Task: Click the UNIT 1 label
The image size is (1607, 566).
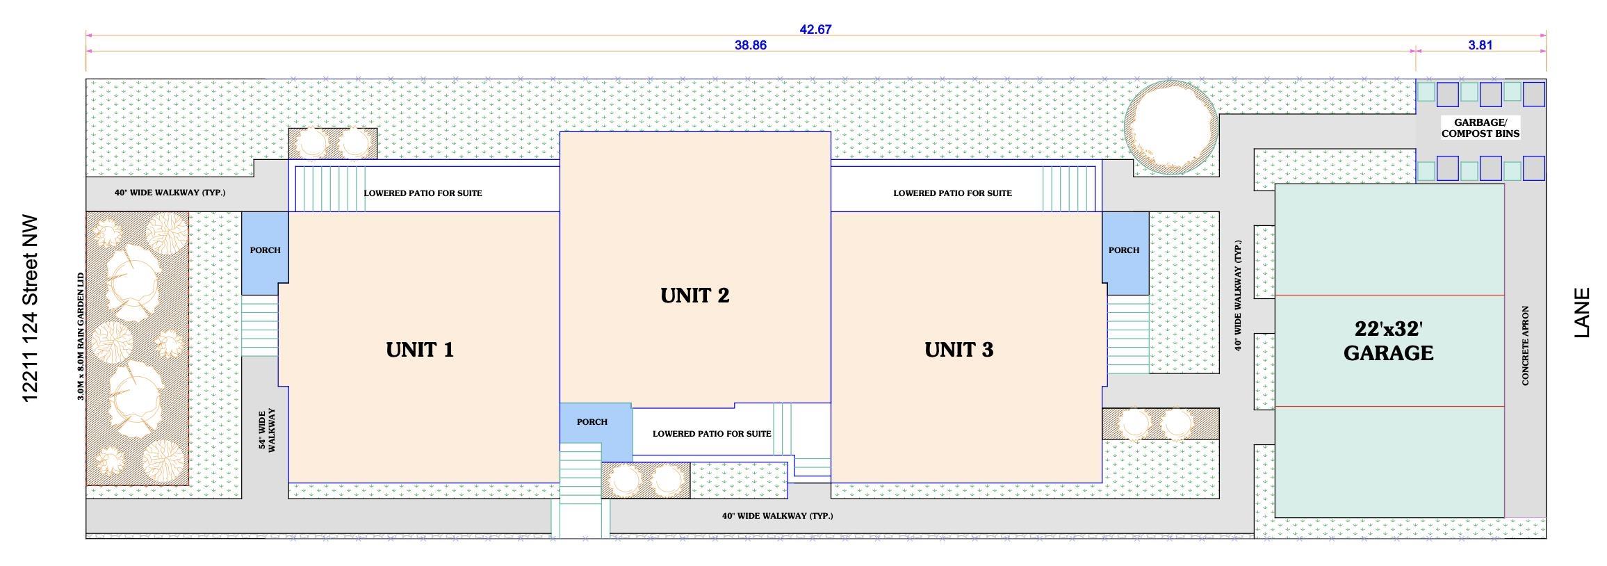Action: [x=420, y=350]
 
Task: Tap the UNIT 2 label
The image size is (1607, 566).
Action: [x=695, y=296]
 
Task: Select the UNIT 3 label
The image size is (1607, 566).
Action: [x=959, y=350]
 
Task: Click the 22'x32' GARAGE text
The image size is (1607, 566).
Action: [x=1388, y=341]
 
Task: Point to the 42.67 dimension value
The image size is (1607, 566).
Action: [x=816, y=29]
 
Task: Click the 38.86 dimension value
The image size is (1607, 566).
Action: [x=751, y=45]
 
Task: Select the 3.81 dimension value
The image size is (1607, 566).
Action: [x=1480, y=45]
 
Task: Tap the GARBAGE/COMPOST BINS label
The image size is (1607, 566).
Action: [x=1480, y=128]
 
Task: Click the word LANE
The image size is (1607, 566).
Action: [x=1582, y=313]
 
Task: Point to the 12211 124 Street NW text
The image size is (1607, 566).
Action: [x=29, y=309]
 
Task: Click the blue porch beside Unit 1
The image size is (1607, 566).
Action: [x=265, y=254]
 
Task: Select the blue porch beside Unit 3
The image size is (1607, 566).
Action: [x=1125, y=254]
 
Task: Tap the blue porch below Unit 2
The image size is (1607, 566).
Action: [x=596, y=431]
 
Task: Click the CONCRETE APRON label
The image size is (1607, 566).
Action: [x=1525, y=346]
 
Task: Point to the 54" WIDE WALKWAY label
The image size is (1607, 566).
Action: [x=268, y=430]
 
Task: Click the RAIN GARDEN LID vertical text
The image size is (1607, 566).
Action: [x=81, y=337]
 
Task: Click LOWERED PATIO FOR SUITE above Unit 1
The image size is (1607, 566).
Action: [x=423, y=193]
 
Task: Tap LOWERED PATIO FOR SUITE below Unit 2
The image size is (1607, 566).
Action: [x=712, y=433]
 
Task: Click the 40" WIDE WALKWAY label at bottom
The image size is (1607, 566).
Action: [x=777, y=515]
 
